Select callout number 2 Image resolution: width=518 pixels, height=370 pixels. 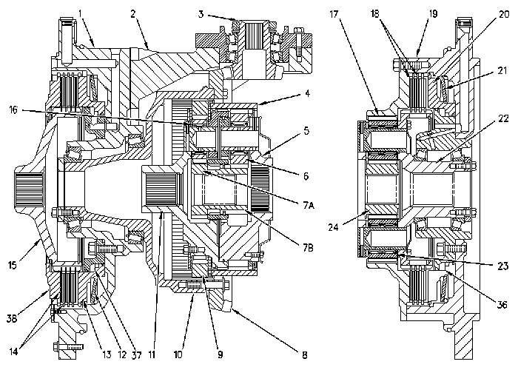click(x=134, y=13)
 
